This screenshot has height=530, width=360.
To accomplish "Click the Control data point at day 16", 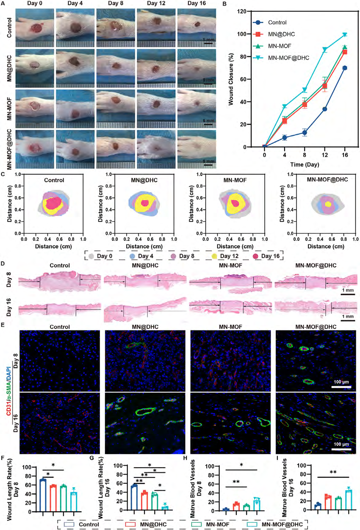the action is click(x=345, y=68).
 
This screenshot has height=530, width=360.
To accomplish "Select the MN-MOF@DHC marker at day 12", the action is click(x=325, y=50).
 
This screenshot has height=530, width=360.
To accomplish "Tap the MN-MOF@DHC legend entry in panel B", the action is click(x=281, y=58).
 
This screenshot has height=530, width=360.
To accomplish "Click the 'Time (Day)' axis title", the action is click(x=305, y=164).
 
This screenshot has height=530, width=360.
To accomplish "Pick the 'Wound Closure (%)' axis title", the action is click(x=231, y=79).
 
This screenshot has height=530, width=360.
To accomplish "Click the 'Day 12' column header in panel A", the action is click(x=156, y=3).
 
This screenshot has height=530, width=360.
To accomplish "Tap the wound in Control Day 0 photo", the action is click(x=36, y=28).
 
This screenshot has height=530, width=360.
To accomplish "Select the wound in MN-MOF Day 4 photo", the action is click(x=75, y=114).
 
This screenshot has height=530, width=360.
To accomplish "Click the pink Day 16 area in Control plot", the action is click(x=54, y=203).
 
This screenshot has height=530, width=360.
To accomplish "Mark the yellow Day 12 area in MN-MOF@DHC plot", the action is click(x=328, y=204).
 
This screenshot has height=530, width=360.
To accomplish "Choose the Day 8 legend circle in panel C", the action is click(x=173, y=256).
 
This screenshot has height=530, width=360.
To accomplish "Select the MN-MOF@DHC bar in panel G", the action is click(x=165, y=508).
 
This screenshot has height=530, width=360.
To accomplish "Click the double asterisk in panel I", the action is click(x=333, y=472).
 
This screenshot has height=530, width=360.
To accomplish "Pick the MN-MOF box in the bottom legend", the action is click(x=197, y=524).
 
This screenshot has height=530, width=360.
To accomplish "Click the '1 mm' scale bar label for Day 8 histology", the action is click(x=348, y=290).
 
